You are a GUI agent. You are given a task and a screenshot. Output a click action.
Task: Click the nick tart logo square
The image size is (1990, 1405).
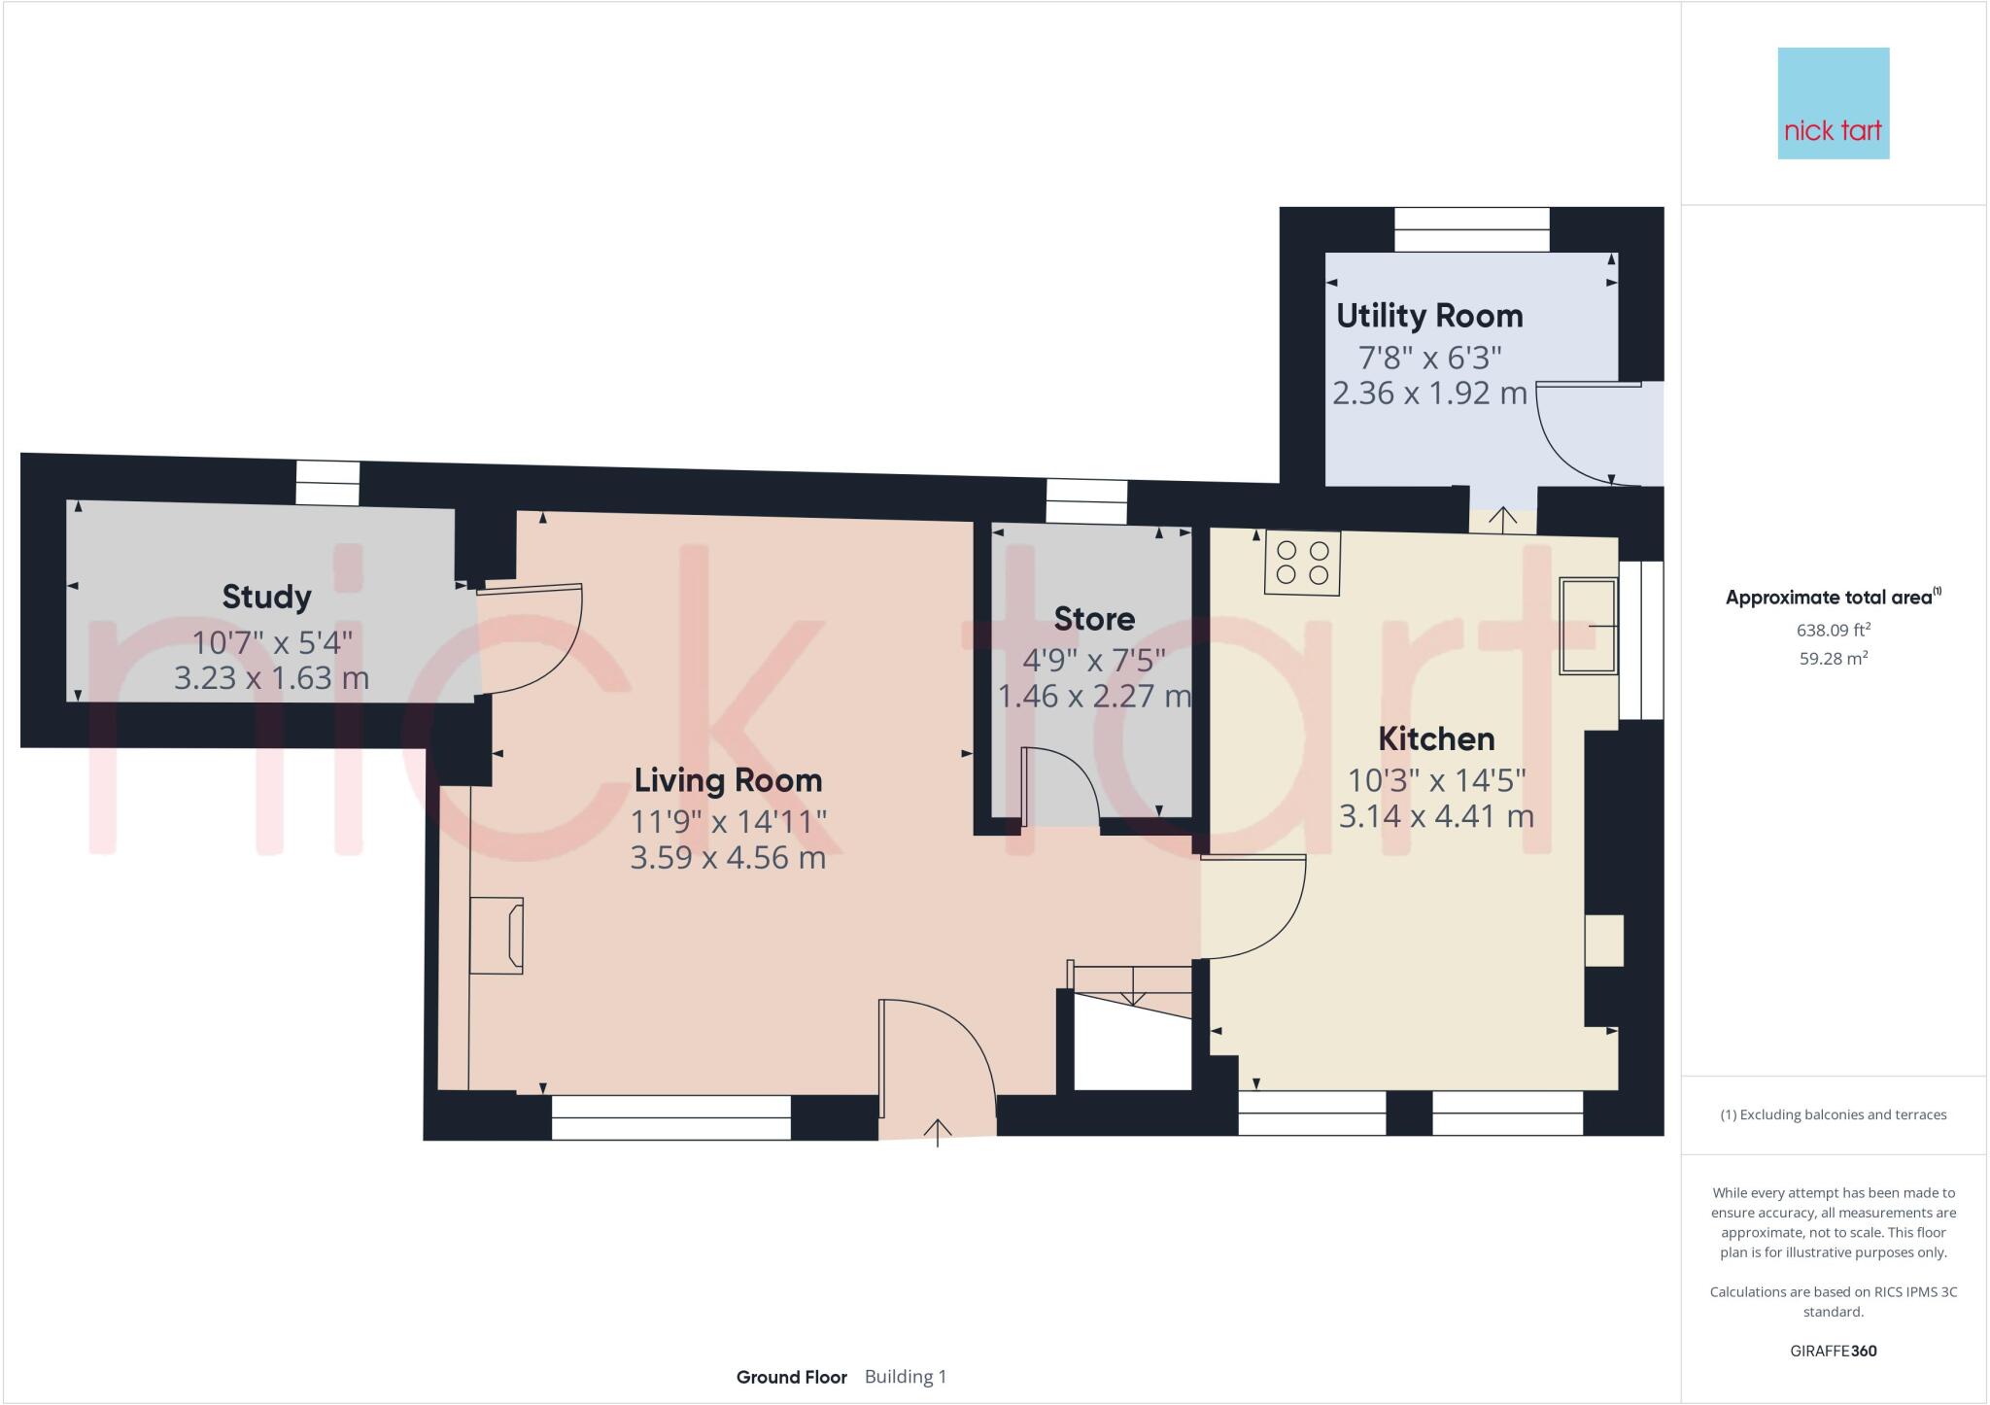point(1833,103)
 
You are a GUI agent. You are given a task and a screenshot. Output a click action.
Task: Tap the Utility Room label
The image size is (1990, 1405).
point(1428,316)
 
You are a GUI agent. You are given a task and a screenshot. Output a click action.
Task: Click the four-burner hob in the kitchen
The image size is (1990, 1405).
point(1302,563)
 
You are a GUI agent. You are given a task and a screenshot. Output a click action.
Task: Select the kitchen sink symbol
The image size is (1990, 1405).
point(1588,626)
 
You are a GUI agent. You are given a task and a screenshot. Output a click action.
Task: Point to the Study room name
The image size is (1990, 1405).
point(266,597)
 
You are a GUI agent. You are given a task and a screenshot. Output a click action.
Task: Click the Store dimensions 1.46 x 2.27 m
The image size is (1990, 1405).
point(1094,696)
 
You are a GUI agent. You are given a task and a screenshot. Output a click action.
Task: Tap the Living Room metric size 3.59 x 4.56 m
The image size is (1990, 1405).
point(728,858)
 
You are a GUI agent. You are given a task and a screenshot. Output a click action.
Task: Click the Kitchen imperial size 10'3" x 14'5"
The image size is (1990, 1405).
point(1436,779)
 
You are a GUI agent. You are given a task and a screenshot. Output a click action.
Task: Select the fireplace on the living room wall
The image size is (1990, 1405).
point(497,935)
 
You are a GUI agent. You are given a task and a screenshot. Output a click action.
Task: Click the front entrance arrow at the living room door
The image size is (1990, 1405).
point(938,1132)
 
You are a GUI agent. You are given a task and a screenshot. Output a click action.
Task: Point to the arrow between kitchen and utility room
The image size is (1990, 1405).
point(1503,519)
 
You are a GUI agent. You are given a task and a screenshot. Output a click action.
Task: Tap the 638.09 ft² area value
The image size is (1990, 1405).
point(1833,630)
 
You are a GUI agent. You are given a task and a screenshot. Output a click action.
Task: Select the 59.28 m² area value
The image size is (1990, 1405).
point(1833,658)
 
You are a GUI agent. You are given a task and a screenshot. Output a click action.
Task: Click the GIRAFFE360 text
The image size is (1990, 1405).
point(1833,1351)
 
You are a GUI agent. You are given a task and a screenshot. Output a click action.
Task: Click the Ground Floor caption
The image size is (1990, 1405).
point(791,1377)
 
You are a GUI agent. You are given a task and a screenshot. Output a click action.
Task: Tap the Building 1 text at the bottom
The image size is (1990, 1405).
point(905,1377)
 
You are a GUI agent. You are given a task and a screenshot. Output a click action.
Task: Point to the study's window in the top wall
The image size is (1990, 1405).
point(327,483)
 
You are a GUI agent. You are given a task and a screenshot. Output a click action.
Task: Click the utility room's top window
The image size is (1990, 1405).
point(1471,229)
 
